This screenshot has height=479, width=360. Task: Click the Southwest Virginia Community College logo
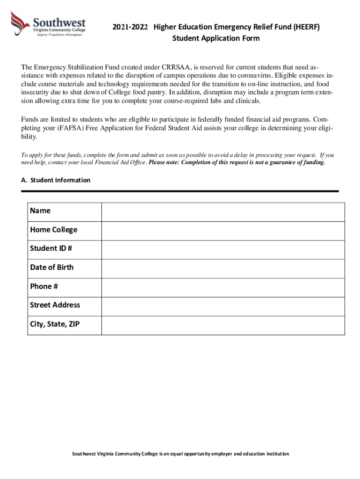click(49, 24)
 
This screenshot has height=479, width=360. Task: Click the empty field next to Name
click(223, 212)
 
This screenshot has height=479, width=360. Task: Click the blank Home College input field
click(223, 231)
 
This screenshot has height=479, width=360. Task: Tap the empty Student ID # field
click(223, 249)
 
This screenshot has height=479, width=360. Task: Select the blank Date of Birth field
click(223, 269)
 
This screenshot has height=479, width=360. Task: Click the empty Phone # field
click(223, 287)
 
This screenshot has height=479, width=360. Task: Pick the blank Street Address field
click(223, 306)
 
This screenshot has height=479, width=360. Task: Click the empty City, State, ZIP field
click(223, 325)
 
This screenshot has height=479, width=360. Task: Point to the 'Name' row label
click(40, 211)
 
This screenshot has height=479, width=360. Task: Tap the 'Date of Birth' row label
click(51, 268)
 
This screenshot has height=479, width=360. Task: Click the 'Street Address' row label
click(55, 305)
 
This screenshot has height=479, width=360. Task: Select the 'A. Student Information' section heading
click(56, 180)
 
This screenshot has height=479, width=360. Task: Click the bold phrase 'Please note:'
click(164, 162)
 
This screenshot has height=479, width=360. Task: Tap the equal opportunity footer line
click(180, 454)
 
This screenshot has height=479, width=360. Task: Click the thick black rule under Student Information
click(180, 191)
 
